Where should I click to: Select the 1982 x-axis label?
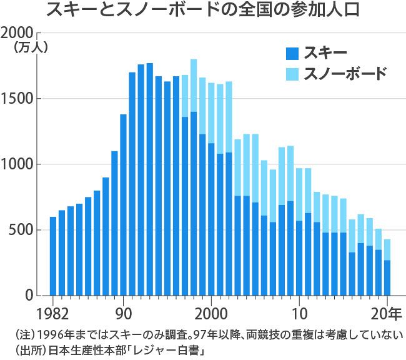[53, 311]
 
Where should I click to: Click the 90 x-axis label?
[123, 311]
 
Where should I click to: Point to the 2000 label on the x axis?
[211, 311]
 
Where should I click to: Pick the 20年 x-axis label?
[387, 311]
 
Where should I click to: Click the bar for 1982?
[53, 256]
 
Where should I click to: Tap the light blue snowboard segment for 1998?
[194, 86]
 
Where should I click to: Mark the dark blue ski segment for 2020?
[387, 278]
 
